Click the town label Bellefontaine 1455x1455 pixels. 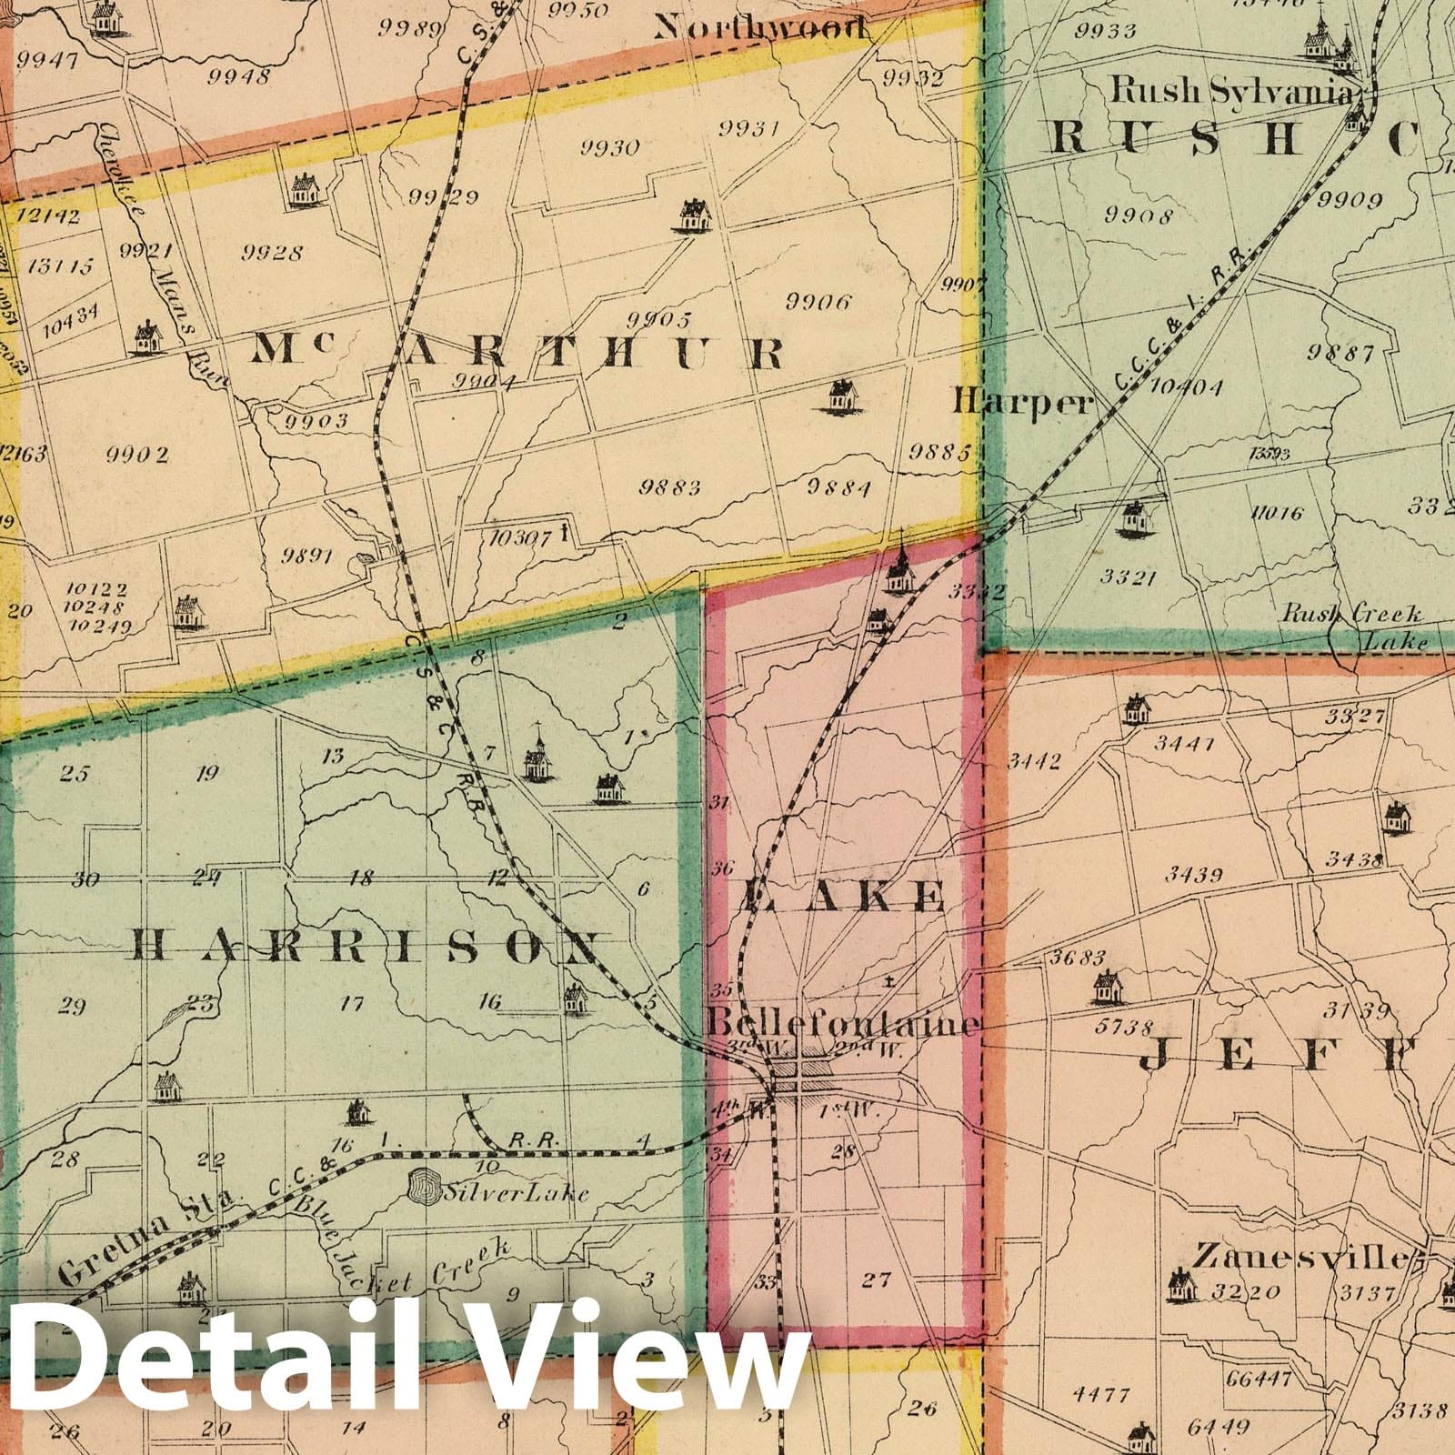844,1022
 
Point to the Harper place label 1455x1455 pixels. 1020,401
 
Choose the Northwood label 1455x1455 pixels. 759,29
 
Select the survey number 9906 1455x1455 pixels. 818,302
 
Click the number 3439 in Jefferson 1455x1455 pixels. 1195,875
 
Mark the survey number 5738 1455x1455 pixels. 1126,1028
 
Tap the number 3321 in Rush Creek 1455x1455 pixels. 1127,577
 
